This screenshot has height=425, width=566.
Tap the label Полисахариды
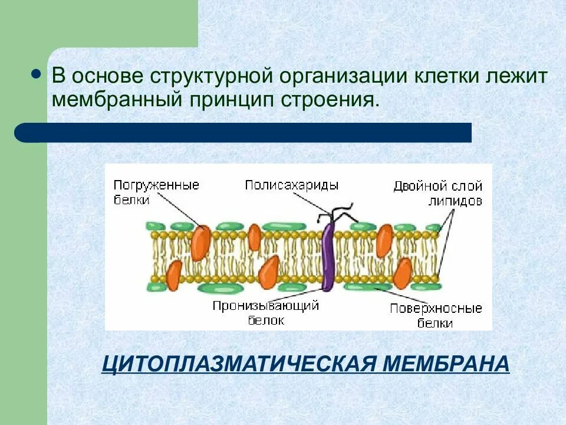click(x=292, y=185)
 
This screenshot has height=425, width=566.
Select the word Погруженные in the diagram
click(x=156, y=185)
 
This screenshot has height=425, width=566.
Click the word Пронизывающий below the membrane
click(x=266, y=306)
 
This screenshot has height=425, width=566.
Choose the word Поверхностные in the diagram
click(x=436, y=308)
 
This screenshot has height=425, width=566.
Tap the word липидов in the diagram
click(x=456, y=201)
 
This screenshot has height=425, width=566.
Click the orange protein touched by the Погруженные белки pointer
click(x=200, y=240)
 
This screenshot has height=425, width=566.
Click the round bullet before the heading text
click(x=35, y=76)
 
